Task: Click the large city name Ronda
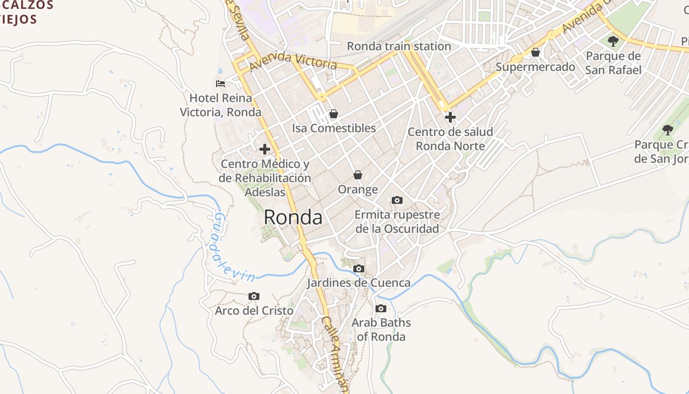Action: [293, 217]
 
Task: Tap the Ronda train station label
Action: [399, 46]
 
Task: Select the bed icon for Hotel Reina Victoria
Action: [220, 84]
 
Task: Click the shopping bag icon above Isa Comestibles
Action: [334, 114]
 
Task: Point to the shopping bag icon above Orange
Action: [358, 175]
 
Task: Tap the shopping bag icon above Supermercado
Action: [535, 52]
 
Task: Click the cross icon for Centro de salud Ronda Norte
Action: [450, 117]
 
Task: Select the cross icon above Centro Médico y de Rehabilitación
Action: [265, 149]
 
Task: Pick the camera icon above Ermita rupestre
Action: [397, 200]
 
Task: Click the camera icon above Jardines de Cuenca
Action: [359, 269]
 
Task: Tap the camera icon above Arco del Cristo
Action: [254, 296]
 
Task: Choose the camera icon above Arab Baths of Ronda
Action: [381, 309]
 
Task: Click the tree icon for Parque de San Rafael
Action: [613, 41]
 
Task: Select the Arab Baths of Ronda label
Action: [381, 329]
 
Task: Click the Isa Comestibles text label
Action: [334, 129]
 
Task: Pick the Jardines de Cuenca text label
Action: [359, 283]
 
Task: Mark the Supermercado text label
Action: [535, 67]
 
